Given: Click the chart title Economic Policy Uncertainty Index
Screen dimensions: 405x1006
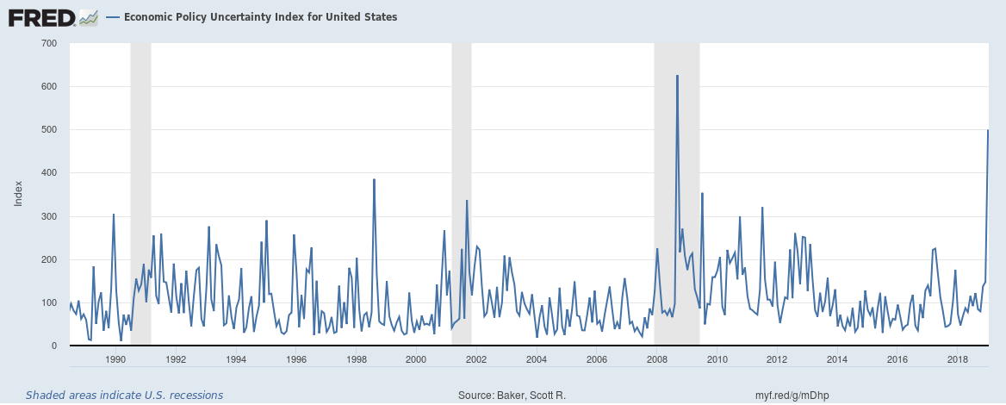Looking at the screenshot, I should pos(261,17).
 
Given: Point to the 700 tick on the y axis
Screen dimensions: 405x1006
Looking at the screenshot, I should pos(48,43).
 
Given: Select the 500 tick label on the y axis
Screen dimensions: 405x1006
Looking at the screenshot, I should pos(48,129).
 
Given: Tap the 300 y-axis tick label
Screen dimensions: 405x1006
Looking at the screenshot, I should pos(48,216).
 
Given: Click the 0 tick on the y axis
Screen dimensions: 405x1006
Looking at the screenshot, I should pos(53,346).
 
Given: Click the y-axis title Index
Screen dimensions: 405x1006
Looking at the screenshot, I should pos(18,194).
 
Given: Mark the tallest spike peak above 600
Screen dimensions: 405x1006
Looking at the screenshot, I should pos(677,76).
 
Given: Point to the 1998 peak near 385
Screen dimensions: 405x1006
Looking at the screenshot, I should pos(374,179).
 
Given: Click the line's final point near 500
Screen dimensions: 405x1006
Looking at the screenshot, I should pos(987,130).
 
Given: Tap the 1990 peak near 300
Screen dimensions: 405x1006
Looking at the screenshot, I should pos(113,215).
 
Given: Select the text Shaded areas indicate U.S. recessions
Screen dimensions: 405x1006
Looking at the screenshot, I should pos(124,396).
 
